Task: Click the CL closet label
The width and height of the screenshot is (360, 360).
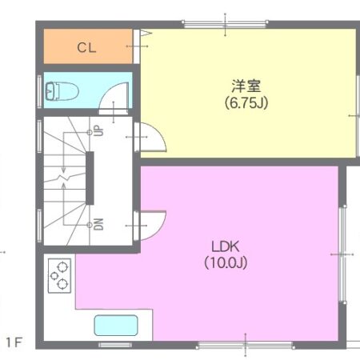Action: pos(86,47)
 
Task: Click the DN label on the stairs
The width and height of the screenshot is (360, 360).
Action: pos(98,223)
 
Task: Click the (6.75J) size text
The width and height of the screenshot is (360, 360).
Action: pos(246,102)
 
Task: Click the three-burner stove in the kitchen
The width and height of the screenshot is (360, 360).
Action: pos(58,276)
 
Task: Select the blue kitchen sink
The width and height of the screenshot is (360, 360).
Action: pos(116,326)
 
